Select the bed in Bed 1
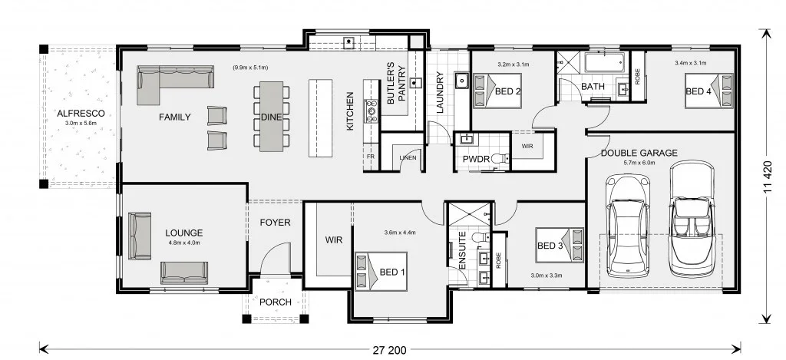[381, 271]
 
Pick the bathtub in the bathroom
[604, 62]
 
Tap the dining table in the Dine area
[271, 117]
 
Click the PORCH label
[276, 302]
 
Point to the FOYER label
[275, 222]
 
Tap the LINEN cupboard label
[408, 157]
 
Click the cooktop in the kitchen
[372, 111]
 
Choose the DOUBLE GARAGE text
[639, 153]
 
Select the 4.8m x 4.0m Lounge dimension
[184, 243]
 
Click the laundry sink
[461, 81]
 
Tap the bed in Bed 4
[708, 91]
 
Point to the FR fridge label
[371, 157]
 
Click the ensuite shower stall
[469, 215]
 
